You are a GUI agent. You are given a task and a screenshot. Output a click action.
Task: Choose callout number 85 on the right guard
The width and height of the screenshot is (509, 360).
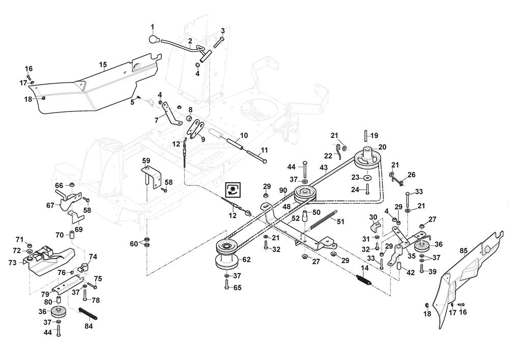(x=463, y=250)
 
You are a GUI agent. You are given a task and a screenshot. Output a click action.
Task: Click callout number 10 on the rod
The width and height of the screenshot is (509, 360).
(x=244, y=136)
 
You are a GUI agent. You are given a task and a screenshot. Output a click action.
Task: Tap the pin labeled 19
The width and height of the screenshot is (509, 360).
(x=365, y=136)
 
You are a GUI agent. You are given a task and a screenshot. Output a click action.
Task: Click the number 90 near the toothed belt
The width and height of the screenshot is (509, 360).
(x=282, y=190)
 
